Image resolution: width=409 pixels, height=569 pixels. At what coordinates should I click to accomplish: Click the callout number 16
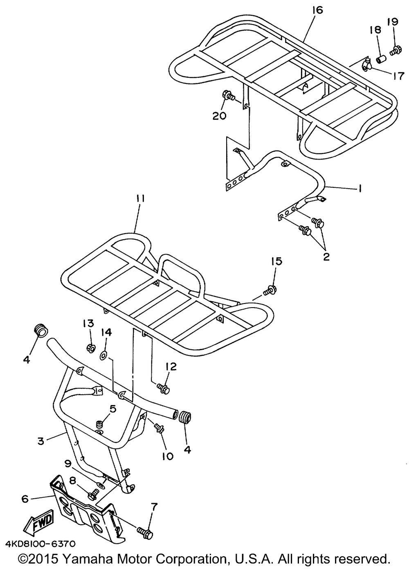pyautogui.click(x=317, y=10)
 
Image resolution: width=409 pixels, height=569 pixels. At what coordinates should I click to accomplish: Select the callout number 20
pyautogui.click(x=219, y=116)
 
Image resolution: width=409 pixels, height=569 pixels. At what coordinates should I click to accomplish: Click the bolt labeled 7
pyautogui.click(x=146, y=533)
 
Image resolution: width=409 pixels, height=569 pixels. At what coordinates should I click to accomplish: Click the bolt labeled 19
pyautogui.click(x=396, y=51)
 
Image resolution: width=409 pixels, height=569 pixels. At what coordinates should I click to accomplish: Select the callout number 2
pyautogui.click(x=326, y=257)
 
